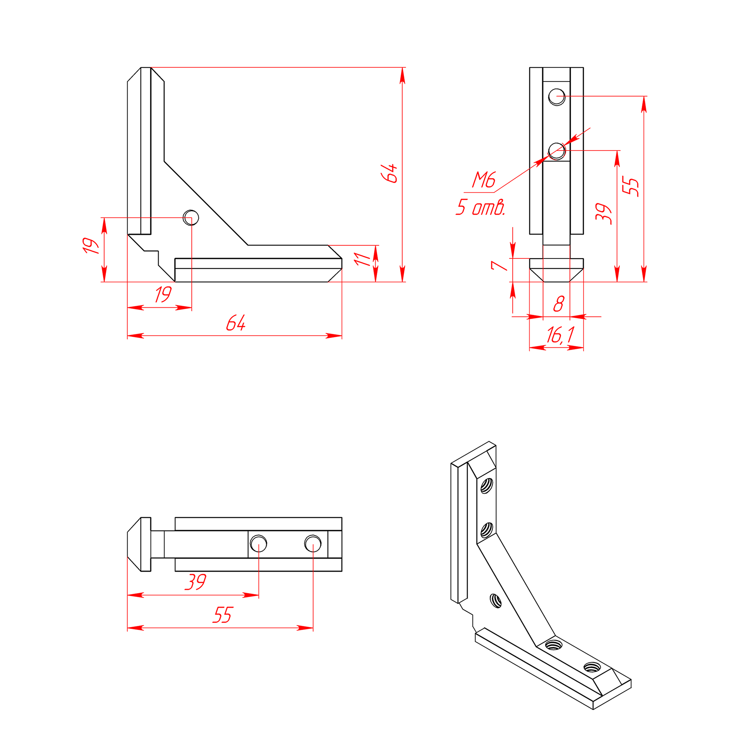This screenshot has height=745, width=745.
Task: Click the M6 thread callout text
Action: (483, 180)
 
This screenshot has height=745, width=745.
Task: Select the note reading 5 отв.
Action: (481, 207)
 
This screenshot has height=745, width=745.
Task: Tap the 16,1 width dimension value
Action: (560, 335)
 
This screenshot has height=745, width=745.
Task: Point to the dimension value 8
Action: (559, 303)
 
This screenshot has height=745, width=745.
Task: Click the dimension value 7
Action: (499, 265)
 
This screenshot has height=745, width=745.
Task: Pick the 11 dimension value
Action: (362, 259)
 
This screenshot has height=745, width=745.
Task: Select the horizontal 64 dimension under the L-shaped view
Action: (236, 322)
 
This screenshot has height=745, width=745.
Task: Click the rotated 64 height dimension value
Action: (389, 173)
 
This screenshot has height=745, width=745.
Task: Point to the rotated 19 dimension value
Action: (90, 246)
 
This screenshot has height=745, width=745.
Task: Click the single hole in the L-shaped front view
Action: (191, 218)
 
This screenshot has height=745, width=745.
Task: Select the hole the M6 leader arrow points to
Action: (557, 151)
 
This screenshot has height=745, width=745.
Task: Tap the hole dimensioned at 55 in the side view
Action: (557, 97)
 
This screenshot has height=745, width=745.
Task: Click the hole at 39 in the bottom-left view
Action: (258, 543)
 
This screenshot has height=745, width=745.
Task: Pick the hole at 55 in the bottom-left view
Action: (313, 543)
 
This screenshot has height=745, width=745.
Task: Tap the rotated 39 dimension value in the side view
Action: (604, 214)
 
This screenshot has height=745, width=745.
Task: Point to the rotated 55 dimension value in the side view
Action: (631, 187)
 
